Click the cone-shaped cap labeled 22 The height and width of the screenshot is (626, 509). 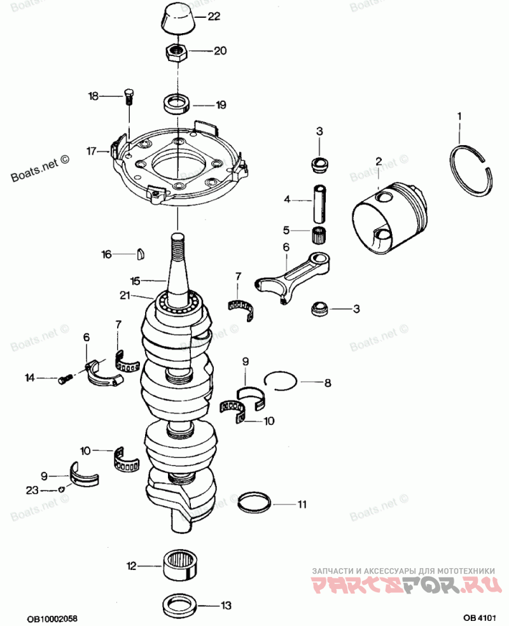[178, 18]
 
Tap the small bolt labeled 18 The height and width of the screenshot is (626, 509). [129, 97]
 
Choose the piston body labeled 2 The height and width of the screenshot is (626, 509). [389, 215]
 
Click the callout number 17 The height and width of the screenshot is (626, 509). [92, 151]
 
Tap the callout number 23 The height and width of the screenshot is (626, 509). [32, 490]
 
